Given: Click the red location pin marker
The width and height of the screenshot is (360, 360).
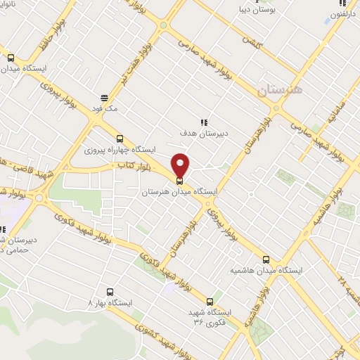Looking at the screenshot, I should coord(181,165).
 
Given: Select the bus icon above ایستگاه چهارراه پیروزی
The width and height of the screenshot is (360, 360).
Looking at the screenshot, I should coord(119,139).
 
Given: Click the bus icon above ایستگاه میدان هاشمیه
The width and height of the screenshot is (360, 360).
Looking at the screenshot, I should coord(266,259).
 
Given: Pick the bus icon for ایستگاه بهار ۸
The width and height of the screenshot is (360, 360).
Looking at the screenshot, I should coord(109,291).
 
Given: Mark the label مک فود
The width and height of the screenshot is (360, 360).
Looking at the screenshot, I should coord(106,109).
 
